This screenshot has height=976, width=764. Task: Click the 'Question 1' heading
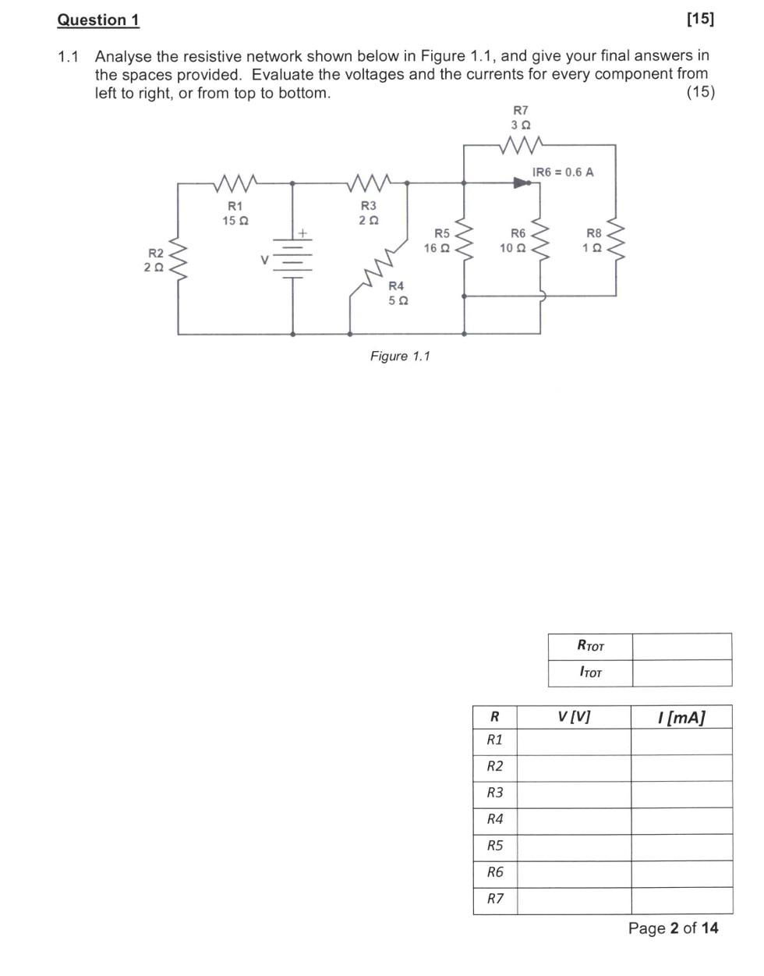click(98, 20)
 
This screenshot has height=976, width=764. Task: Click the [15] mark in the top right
click(699, 20)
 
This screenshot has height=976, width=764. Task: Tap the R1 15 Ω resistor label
click(235, 213)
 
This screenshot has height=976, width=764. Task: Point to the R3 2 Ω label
click(368, 213)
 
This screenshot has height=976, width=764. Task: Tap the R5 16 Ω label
click(437, 240)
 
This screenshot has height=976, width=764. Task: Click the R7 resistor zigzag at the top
click(521, 145)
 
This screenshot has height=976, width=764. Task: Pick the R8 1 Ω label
click(593, 240)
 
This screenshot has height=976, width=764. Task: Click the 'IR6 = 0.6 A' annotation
click(562, 172)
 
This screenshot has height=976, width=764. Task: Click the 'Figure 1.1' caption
click(400, 356)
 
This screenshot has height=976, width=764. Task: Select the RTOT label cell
click(590, 646)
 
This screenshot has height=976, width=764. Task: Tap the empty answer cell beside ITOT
click(681, 673)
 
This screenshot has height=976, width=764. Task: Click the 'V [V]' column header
click(574, 716)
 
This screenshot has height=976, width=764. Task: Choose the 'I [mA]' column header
click(681, 717)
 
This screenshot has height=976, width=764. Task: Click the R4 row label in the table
click(495, 819)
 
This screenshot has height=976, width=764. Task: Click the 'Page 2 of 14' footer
click(673, 928)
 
